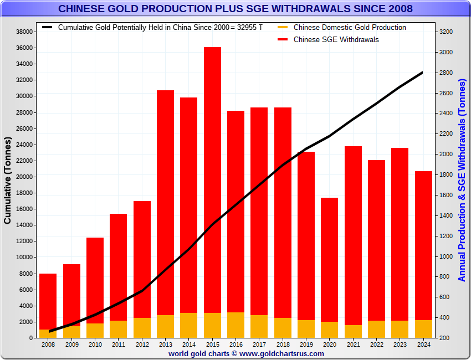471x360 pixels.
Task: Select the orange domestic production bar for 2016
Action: tap(235, 325)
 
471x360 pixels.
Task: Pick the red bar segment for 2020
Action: tap(329, 260)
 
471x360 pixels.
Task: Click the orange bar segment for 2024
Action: tap(423, 328)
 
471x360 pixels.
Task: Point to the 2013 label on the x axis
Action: tap(165, 344)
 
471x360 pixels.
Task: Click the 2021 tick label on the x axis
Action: tap(353, 344)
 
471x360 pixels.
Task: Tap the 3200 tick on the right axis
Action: tap(446, 32)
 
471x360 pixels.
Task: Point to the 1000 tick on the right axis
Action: tap(446, 256)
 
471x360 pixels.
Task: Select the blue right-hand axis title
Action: tap(462, 180)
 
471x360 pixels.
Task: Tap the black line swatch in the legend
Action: tap(47, 27)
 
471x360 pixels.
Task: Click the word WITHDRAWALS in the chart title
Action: tap(315, 9)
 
